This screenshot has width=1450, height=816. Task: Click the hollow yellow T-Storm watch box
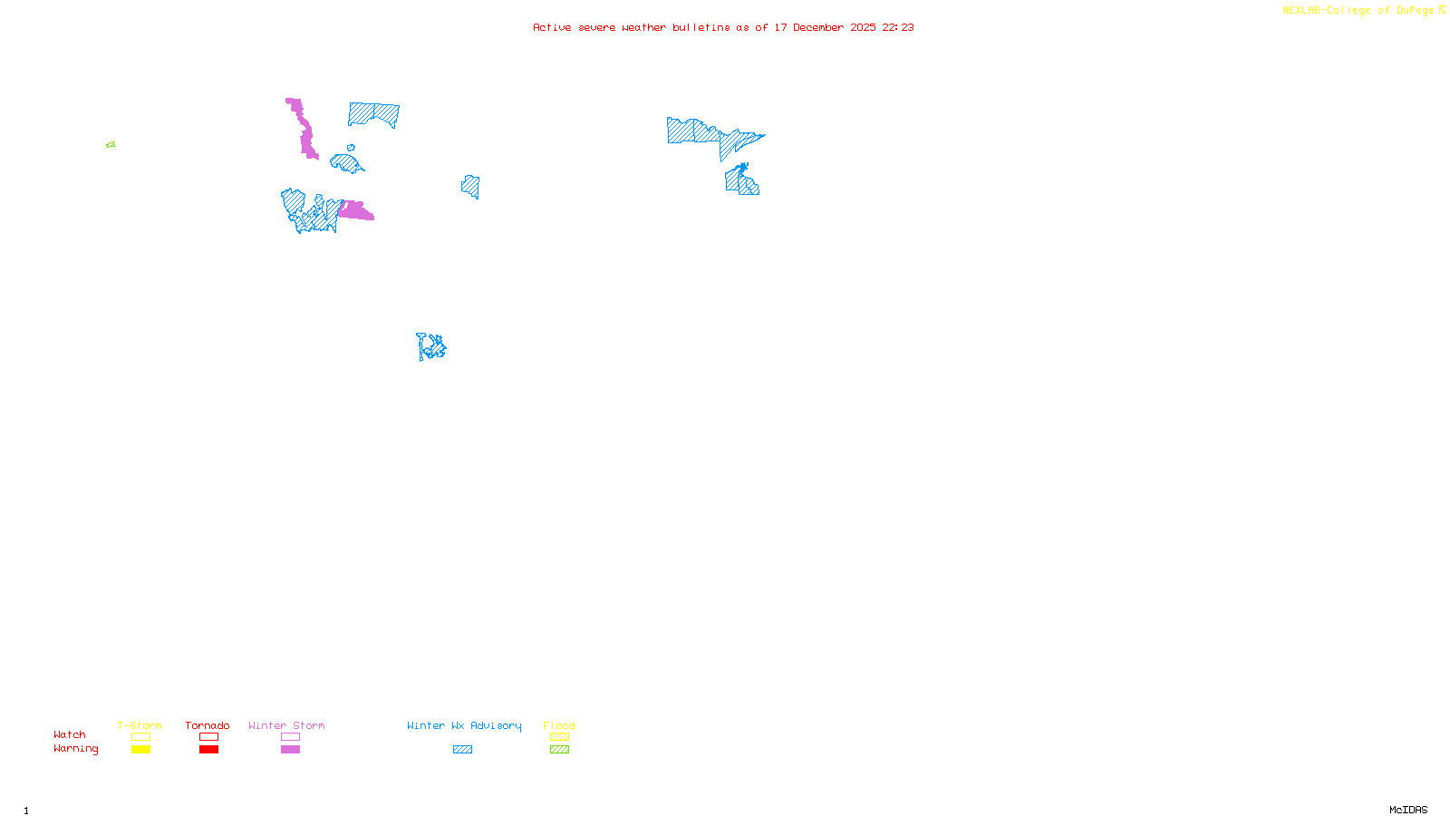(140, 737)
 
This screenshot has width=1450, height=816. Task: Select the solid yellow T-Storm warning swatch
(140, 750)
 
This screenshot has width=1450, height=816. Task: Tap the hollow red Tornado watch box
(208, 737)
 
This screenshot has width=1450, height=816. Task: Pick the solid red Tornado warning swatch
(208, 750)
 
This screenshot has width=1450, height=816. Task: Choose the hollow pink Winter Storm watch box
(290, 737)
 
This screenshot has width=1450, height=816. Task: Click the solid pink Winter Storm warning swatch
(290, 750)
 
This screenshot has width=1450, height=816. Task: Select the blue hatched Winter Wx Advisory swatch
(462, 750)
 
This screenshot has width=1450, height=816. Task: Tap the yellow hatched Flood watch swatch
(559, 737)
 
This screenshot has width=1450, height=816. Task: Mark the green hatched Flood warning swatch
(559, 750)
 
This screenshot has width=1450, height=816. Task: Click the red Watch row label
(70, 735)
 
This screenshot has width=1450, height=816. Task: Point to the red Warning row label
(75, 749)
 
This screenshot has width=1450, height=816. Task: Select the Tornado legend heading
(208, 725)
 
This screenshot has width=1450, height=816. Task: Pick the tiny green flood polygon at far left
(111, 145)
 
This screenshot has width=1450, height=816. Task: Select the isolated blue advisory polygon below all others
(431, 346)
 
